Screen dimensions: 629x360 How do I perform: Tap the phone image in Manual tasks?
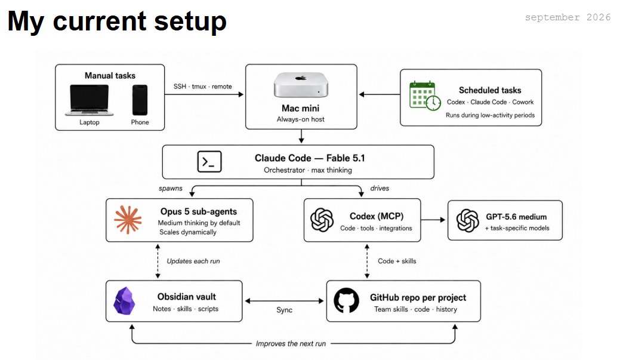pos(140,100)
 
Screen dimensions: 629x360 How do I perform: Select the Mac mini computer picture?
pos(301,85)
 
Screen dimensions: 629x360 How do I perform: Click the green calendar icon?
pos(425,96)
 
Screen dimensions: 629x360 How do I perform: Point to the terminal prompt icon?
pos(209,162)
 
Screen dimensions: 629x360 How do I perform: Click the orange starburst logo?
pos(128,220)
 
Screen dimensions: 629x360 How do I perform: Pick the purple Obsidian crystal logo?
pos(124,301)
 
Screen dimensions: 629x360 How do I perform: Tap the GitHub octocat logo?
pos(346,300)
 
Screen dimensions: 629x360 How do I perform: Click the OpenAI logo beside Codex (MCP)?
pos(322,220)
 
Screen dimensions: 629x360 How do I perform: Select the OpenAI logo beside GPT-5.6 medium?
pos(468,220)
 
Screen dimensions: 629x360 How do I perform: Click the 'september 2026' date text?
pos(568,17)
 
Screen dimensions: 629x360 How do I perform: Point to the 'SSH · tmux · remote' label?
pos(202,87)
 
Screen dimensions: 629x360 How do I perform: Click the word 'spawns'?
pos(171,188)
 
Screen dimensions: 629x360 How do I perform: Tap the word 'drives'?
pos(380,188)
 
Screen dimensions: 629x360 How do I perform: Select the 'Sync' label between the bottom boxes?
pos(285,310)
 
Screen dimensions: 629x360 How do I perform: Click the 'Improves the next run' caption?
pos(291,343)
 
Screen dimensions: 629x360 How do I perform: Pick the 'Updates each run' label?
pos(193,261)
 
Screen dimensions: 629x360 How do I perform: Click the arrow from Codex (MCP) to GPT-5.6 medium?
pos(433,220)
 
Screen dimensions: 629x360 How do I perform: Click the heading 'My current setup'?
pos(117,21)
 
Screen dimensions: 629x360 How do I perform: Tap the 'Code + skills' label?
pos(397,261)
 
